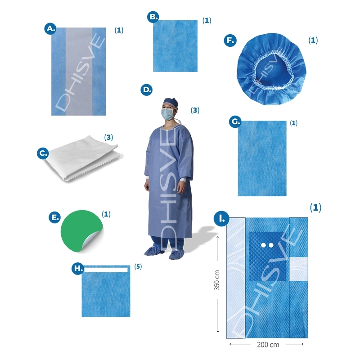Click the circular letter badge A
pos(50,28)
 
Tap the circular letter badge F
pos(230,40)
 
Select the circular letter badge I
pos(221,219)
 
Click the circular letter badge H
pos(77,268)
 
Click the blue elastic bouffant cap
pos(271,69)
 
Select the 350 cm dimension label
pos(217,280)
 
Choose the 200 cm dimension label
pos(268,345)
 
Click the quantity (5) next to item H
pos(138,266)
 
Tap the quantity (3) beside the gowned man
pos(195,110)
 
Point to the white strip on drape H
pos(106,270)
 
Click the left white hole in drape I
pos(264,245)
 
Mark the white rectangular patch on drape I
pos(298,269)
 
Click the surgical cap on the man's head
pos(171,102)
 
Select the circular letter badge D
pos(147,90)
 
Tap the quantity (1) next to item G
pos(294,123)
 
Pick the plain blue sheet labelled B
pos(175,46)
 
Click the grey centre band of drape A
pos(79,72)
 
